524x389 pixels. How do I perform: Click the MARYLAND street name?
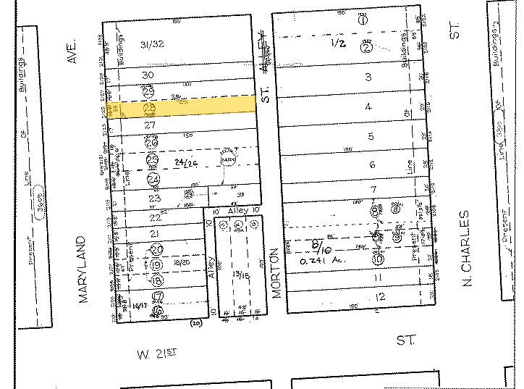pyautogui.click(x=85, y=269)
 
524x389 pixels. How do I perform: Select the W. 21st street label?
pyautogui.click(x=157, y=354)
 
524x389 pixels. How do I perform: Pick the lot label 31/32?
pyautogui.click(x=153, y=44)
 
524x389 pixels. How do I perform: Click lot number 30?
pyautogui.click(x=148, y=75)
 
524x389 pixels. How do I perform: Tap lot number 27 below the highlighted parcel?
pyautogui.click(x=150, y=125)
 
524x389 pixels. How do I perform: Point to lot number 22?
pyautogui.click(x=155, y=217)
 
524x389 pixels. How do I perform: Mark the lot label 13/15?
pyautogui.click(x=237, y=275)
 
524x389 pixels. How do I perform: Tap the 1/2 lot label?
pyautogui.click(x=338, y=43)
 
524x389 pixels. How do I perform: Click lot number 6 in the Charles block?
pyautogui.click(x=372, y=165)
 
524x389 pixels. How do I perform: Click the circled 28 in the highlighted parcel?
pyautogui.click(x=151, y=109)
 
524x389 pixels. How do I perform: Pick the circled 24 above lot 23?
pyautogui.click(x=153, y=179)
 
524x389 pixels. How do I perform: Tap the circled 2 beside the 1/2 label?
pyautogui.click(x=367, y=47)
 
